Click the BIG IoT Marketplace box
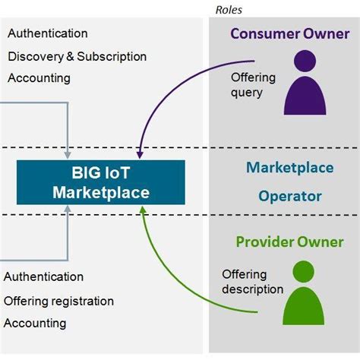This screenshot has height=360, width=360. pyautogui.click(x=100, y=182)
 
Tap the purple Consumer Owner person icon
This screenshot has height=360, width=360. pyautogui.click(x=304, y=84)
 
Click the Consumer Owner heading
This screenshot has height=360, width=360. pyautogui.click(x=289, y=33)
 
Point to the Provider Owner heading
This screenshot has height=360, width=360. pyautogui.click(x=289, y=242)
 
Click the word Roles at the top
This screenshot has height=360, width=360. pyautogui.click(x=229, y=9)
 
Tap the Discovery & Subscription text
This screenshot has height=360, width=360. pyautogui.click(x=77, y=56)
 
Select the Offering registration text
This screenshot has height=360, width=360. pyautogui.click(x=58, y=301)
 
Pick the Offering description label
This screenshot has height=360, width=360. pyautogui.click(x=252, y=282)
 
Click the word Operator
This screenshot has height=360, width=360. pyautogui.click(x=289, y=196)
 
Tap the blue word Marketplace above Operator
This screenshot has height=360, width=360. pyautogui.click(x=289, y=167)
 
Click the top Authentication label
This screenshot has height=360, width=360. pyautogui.click(x=47, y=33)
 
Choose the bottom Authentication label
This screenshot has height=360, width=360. pyautogui.click(x=43, y=277)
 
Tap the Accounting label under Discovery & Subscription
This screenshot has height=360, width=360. pyautogui.click(x=39, y=77)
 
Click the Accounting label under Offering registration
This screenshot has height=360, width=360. pyautogui.click(x=35, y=323)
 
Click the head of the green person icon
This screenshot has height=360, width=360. pyautogui.click(x=303, y=272)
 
